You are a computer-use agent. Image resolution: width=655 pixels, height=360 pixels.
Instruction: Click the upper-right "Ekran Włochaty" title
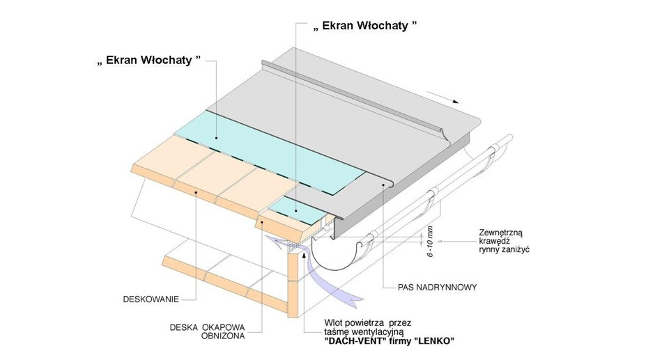[365, 26]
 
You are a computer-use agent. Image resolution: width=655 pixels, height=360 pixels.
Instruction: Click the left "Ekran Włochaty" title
[148, 60]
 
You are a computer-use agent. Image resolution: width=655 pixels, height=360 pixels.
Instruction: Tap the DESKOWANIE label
[151, 299]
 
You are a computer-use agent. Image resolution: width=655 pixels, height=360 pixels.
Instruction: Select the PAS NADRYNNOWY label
[437, 288]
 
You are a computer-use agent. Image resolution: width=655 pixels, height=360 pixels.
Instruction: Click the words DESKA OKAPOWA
[207, 327]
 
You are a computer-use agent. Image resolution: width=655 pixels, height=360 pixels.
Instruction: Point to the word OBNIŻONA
[223, 336]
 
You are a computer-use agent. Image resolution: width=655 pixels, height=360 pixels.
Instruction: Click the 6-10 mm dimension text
[431, 242]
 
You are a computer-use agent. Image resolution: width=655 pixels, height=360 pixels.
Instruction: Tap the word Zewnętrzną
[501, 233]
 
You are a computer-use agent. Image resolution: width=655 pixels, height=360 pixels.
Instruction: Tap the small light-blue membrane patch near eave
[297, 208]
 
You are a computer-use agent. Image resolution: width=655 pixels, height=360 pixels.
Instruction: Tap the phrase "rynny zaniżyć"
[504, 250]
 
